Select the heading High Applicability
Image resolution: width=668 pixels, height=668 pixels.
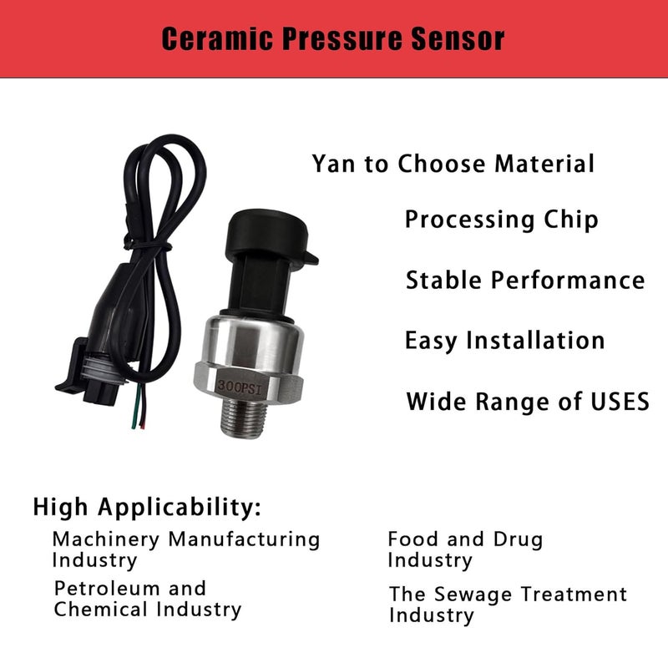147,507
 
